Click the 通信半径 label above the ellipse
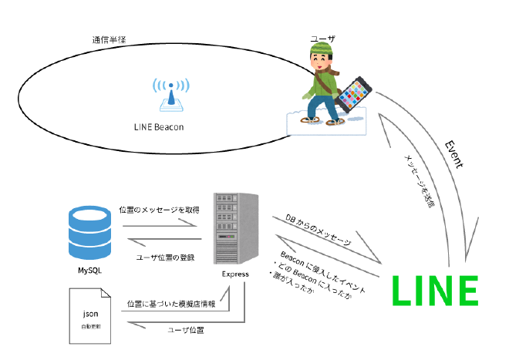[x=109, y=39]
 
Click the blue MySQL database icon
[x=91, y=229]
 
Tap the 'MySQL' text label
[x=90, y=270]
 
